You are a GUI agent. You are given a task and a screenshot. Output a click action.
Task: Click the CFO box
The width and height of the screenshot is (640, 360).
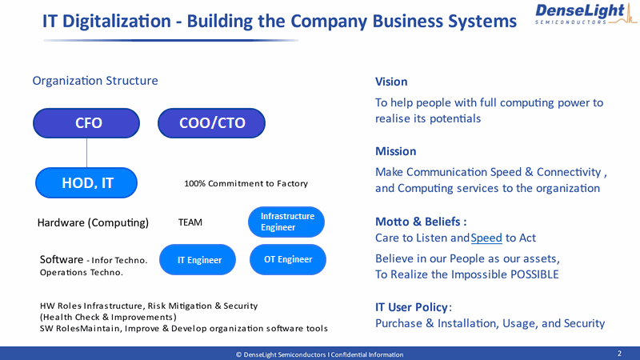click(86, 123)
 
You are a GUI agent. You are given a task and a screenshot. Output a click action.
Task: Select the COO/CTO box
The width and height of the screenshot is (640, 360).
click(211, 123)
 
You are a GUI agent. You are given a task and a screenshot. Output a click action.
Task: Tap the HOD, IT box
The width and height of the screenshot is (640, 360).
click(86, 183)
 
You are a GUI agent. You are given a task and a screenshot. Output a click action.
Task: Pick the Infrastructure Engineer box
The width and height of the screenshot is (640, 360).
click(286, 222)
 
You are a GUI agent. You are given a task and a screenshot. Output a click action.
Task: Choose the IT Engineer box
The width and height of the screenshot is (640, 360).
click(198, 259)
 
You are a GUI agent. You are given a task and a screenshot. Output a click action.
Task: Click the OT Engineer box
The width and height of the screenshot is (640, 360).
click(288, 259)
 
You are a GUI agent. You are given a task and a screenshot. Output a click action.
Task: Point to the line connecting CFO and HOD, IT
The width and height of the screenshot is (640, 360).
click(86, 153)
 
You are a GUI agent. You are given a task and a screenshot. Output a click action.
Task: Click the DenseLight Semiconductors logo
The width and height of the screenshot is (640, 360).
click(586, 14)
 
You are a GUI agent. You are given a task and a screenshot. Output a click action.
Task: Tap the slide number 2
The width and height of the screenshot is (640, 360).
click(619, 354)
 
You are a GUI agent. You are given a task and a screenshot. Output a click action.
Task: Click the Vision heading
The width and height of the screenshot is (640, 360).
click(391, 82)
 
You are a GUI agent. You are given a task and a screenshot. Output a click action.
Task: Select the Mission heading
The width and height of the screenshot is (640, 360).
click(395, 151)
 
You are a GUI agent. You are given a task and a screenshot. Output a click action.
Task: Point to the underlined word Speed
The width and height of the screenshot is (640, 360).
click(486, 238)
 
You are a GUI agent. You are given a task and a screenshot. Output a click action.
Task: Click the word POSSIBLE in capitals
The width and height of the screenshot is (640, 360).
click(534, 274)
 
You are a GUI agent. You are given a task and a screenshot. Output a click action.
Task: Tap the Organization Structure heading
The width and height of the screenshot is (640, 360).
click(95, 81)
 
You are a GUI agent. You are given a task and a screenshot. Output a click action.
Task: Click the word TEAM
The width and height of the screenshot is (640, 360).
click(190, 222)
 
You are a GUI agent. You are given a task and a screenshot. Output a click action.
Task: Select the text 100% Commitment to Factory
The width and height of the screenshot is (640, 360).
click(246, 184)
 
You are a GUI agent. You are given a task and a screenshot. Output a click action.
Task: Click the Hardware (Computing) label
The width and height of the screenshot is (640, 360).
click(93, 223)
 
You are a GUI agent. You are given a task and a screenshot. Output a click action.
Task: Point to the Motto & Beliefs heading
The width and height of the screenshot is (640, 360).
click(421, 222)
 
